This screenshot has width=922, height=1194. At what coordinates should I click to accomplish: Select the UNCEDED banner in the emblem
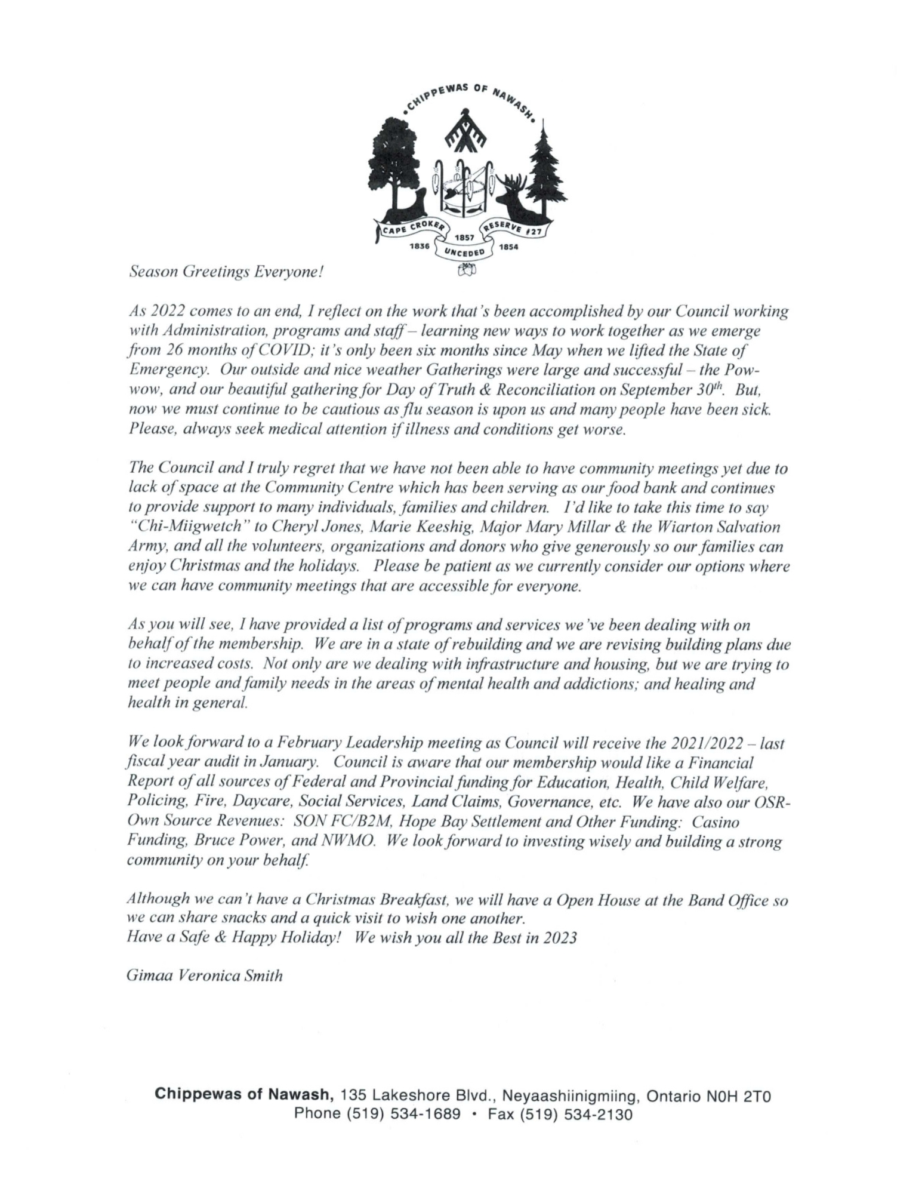point(464,251)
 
